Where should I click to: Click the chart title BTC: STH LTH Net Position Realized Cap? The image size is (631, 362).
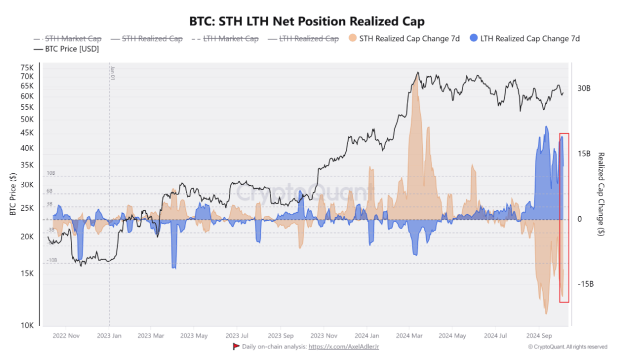point(306,21)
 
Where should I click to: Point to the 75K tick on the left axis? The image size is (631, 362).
point(27,67)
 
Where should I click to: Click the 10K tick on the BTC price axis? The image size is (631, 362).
point(27,326)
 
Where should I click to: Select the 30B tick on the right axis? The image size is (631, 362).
point(584,88)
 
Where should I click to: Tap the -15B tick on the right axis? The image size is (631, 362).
point(585,284)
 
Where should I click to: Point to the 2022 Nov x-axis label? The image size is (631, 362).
point(66,336)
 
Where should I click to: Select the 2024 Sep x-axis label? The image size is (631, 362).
point(539,336)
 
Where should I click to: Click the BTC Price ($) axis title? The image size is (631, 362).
point(12,195)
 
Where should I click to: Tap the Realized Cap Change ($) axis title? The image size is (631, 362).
point(601,195)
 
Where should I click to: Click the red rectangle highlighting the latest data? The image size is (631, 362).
point(564,218)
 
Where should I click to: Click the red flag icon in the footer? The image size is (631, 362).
point(236,347)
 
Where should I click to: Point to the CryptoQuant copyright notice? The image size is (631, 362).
point(567,347)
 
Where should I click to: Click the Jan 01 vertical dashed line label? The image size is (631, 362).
point(112,73)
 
